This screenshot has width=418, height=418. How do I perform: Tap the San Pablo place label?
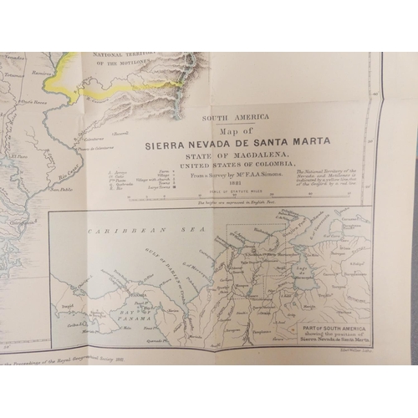(59, 190)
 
